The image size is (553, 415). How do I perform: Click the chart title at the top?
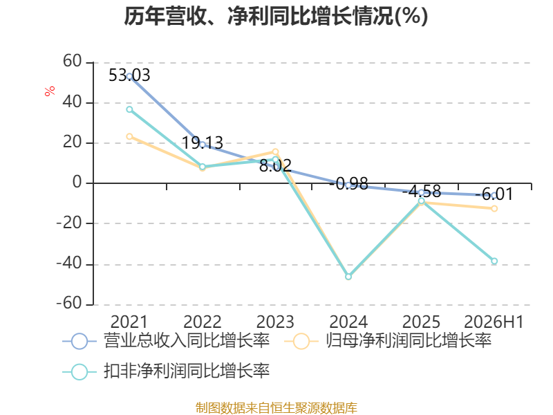pos(276,17)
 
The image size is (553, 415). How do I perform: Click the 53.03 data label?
pos(129,75)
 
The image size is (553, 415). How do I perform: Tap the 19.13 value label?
pos(203,143)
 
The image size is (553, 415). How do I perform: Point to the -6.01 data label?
pos(494,194)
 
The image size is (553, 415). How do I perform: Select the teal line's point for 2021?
pos(129,109)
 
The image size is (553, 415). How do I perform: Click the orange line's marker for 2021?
pos(129,136)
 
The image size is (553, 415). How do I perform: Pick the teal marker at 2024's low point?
pos(348,277)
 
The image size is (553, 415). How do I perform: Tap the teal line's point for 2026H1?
pos(494,261)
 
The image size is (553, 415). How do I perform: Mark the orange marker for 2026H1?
pos(494,209)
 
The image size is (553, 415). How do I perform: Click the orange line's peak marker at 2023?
pos(275,151)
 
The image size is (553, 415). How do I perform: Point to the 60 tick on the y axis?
pos(73,61)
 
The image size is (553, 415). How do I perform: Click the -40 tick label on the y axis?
pos(69,264)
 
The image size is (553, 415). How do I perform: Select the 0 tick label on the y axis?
pos(77,183)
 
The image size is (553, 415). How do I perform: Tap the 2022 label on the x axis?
pos(203,322)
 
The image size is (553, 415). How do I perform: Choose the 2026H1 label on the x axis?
pos(494,322)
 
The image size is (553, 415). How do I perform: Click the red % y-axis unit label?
pos(50,91)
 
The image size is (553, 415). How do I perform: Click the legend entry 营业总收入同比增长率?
pos(166,341)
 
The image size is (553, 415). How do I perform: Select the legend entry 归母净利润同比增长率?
pos(388,341)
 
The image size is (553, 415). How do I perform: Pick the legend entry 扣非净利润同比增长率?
pos(166,371)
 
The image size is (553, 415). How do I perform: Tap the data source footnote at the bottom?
pos(276,408)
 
